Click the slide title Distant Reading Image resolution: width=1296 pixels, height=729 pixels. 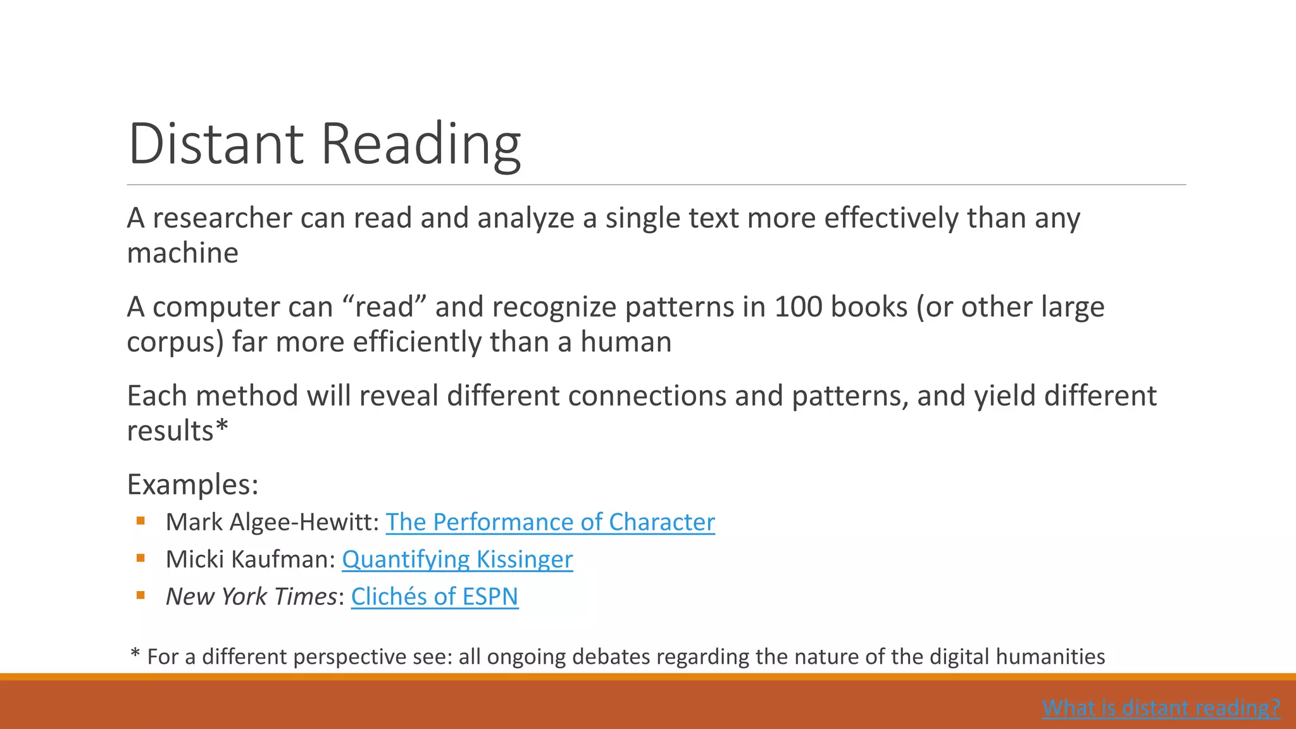tap(324, 144)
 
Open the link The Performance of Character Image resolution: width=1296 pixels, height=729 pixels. tap(550, 522)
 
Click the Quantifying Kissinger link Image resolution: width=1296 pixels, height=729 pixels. tap(457, 559)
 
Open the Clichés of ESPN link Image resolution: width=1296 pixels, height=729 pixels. tap(434, 597)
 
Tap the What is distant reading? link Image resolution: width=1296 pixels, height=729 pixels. tap(1161, 707)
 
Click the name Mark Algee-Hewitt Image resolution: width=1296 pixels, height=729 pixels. tap(271, 522)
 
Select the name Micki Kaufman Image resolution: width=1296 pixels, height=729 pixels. tap(249, 559)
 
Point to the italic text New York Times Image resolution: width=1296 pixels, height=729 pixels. tap(251, 597)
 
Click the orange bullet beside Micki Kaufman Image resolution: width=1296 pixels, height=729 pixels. tap(140, 558)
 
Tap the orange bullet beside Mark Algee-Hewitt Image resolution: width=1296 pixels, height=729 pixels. tap(140, 521)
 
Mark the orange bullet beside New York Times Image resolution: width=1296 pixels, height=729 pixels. tap(140, 595)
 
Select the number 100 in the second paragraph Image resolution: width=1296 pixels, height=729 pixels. tap(798, 308)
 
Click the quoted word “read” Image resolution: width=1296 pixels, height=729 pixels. tap(384, 308)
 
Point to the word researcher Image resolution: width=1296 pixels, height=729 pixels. tap(221, 218)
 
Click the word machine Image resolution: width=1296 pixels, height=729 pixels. tap(182, 253)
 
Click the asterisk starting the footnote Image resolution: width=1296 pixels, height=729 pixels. tap(135, 654)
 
